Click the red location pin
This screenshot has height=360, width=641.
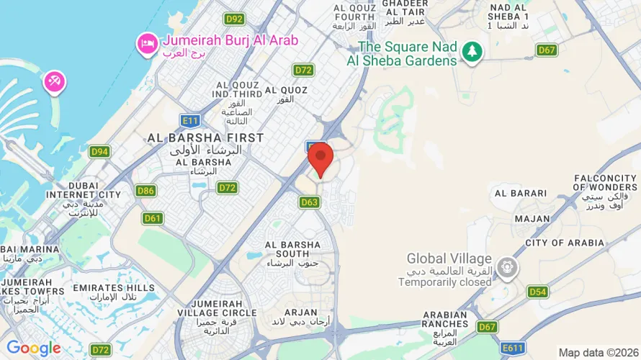tap(320, 158)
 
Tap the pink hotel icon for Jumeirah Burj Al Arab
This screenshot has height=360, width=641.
tap(147, 45)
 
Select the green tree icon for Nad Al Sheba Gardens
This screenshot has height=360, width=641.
tap(472, 50)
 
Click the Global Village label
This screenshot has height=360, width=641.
tap(449, 258)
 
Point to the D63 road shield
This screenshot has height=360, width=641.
tap(309, 202)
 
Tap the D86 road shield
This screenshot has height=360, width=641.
tap(145, 191)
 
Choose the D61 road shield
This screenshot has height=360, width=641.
tap(153, 217)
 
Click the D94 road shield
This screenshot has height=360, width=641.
tap(99, 152)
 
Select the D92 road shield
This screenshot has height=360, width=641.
tap(233, 19)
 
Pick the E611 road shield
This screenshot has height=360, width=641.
tap(514, 348)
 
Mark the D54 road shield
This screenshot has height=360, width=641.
tap(537, 292)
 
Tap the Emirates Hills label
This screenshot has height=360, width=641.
tap(113, 288)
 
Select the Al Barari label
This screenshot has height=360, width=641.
tap(520, 193)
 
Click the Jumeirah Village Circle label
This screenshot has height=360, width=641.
tap(216, 308)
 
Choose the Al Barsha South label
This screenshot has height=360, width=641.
tap(292, 250)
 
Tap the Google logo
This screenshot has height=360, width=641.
tap(34, 348)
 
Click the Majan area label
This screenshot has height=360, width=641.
tap(532, 218)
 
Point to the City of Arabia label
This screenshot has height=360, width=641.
tap(565, 243)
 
